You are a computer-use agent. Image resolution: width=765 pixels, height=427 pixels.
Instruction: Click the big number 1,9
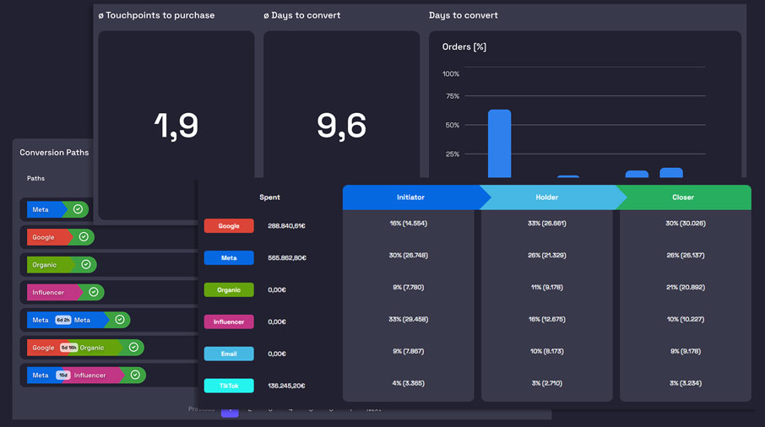176,126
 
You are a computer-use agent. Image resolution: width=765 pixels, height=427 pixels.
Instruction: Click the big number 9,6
341,126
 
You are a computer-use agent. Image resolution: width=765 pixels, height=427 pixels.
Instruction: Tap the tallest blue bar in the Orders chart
499,143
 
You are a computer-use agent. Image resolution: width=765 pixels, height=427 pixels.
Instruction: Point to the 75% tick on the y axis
451,96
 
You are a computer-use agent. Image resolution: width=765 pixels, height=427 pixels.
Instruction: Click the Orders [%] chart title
464,47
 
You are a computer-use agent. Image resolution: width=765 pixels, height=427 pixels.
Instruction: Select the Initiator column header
410,197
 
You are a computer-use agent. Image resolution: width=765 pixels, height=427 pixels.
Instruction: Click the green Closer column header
683,197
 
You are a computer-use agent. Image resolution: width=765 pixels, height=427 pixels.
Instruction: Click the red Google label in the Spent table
229,226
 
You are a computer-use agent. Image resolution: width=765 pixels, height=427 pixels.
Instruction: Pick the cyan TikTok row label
229,386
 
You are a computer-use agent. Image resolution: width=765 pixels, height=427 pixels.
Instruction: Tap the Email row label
229,354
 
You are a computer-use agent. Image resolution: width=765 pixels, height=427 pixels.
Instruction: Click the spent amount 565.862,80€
287,258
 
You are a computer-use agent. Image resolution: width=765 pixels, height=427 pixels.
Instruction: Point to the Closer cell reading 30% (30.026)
685,224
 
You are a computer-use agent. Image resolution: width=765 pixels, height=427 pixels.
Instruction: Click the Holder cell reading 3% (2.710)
547,383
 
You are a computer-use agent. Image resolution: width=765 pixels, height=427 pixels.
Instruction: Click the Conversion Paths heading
54,153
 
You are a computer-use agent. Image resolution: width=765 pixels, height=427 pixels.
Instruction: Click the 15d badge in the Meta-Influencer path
63,375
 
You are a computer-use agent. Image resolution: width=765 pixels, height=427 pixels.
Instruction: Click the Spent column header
269,197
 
